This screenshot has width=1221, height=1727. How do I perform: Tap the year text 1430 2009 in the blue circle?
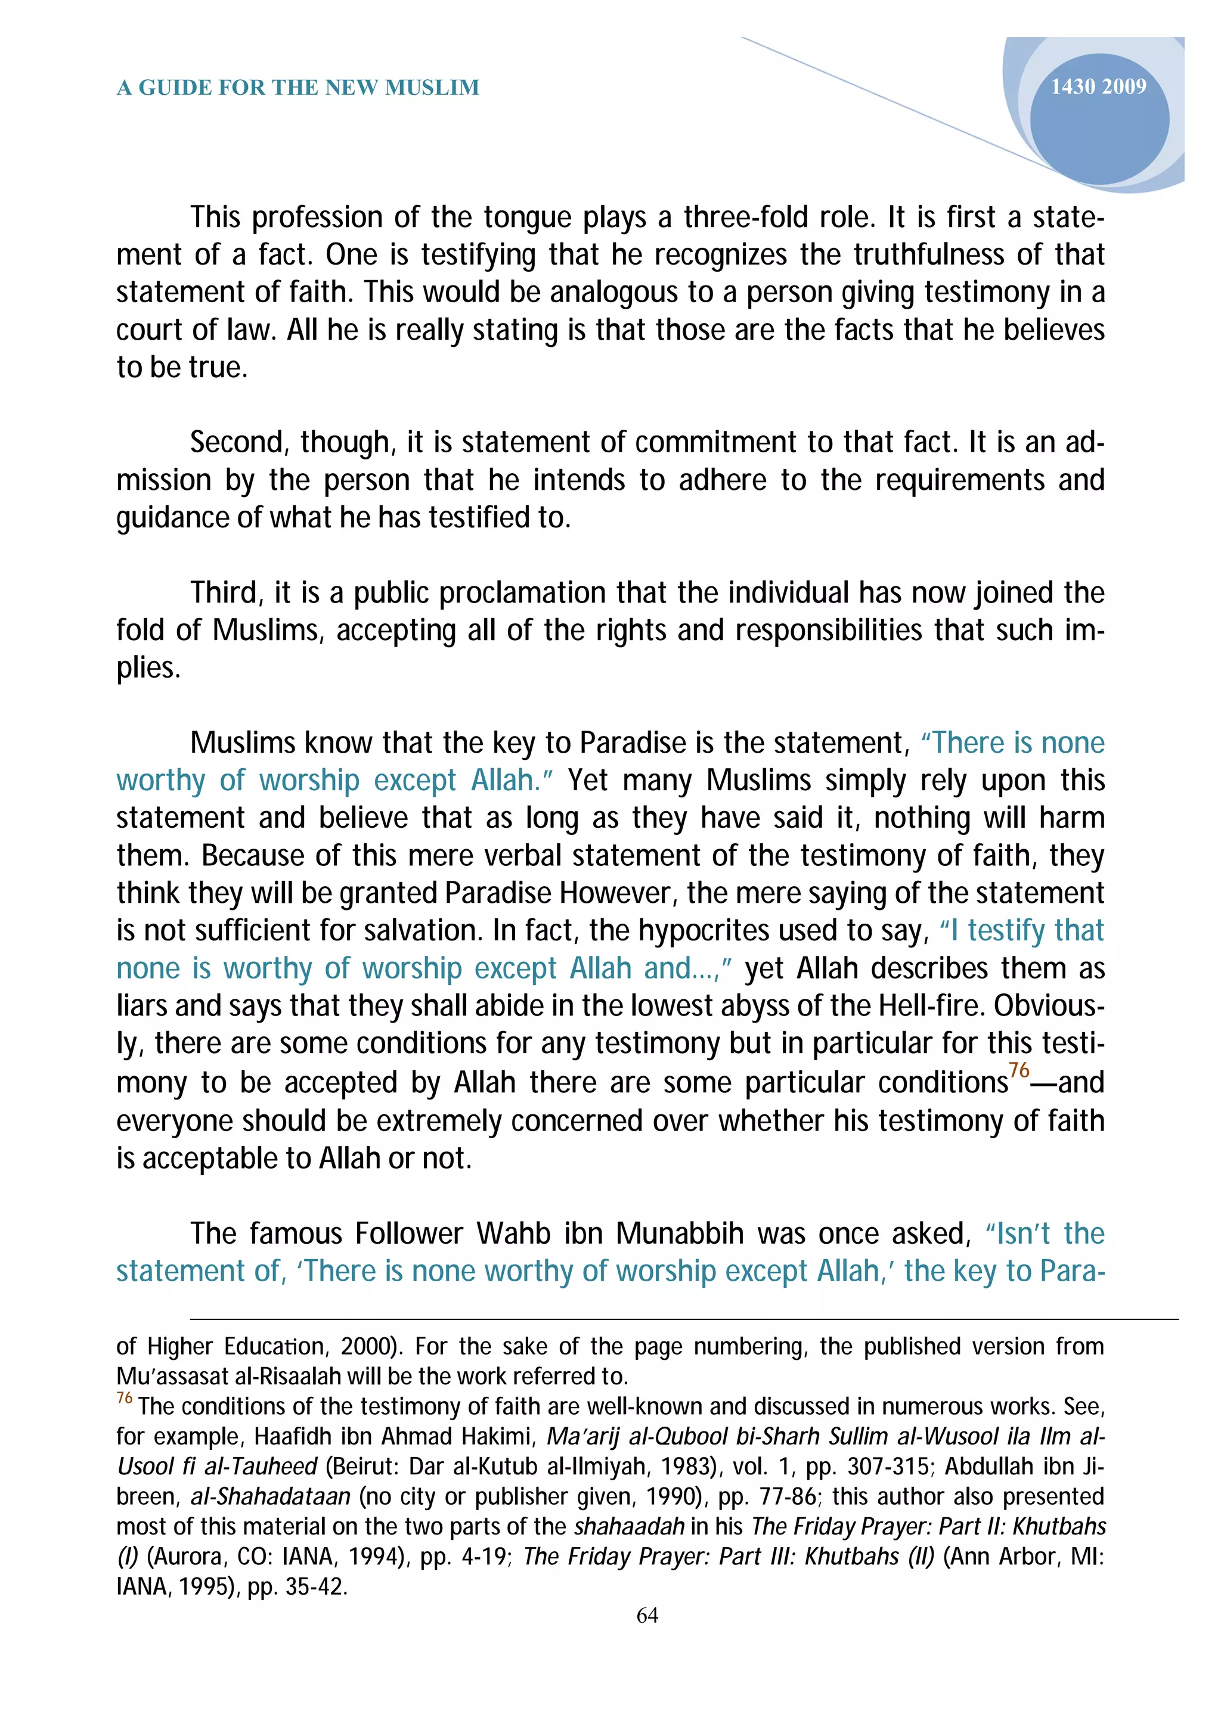point(1098,86)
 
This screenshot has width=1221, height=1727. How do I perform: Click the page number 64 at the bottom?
point(647,1615)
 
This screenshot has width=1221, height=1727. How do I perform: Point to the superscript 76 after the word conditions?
point(1019,1070)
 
